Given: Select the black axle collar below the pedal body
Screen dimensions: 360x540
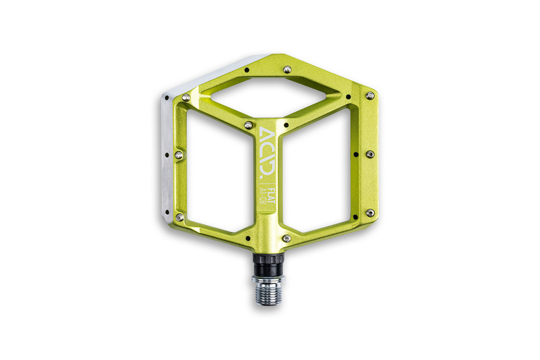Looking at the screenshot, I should click(269, 262).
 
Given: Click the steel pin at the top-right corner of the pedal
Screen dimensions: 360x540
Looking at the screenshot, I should click(369, 95).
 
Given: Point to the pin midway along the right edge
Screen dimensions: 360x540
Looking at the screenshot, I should click(369, 155).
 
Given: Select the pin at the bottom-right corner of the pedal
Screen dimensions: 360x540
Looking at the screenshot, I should click(369, 212).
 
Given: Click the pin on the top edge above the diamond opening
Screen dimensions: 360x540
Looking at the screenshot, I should click(286, 69).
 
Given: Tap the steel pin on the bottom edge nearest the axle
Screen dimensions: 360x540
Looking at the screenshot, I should click(286, 238).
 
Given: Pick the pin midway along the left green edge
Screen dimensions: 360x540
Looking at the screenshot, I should click(179, 155).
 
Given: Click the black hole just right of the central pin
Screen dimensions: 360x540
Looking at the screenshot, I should click(286, 125).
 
